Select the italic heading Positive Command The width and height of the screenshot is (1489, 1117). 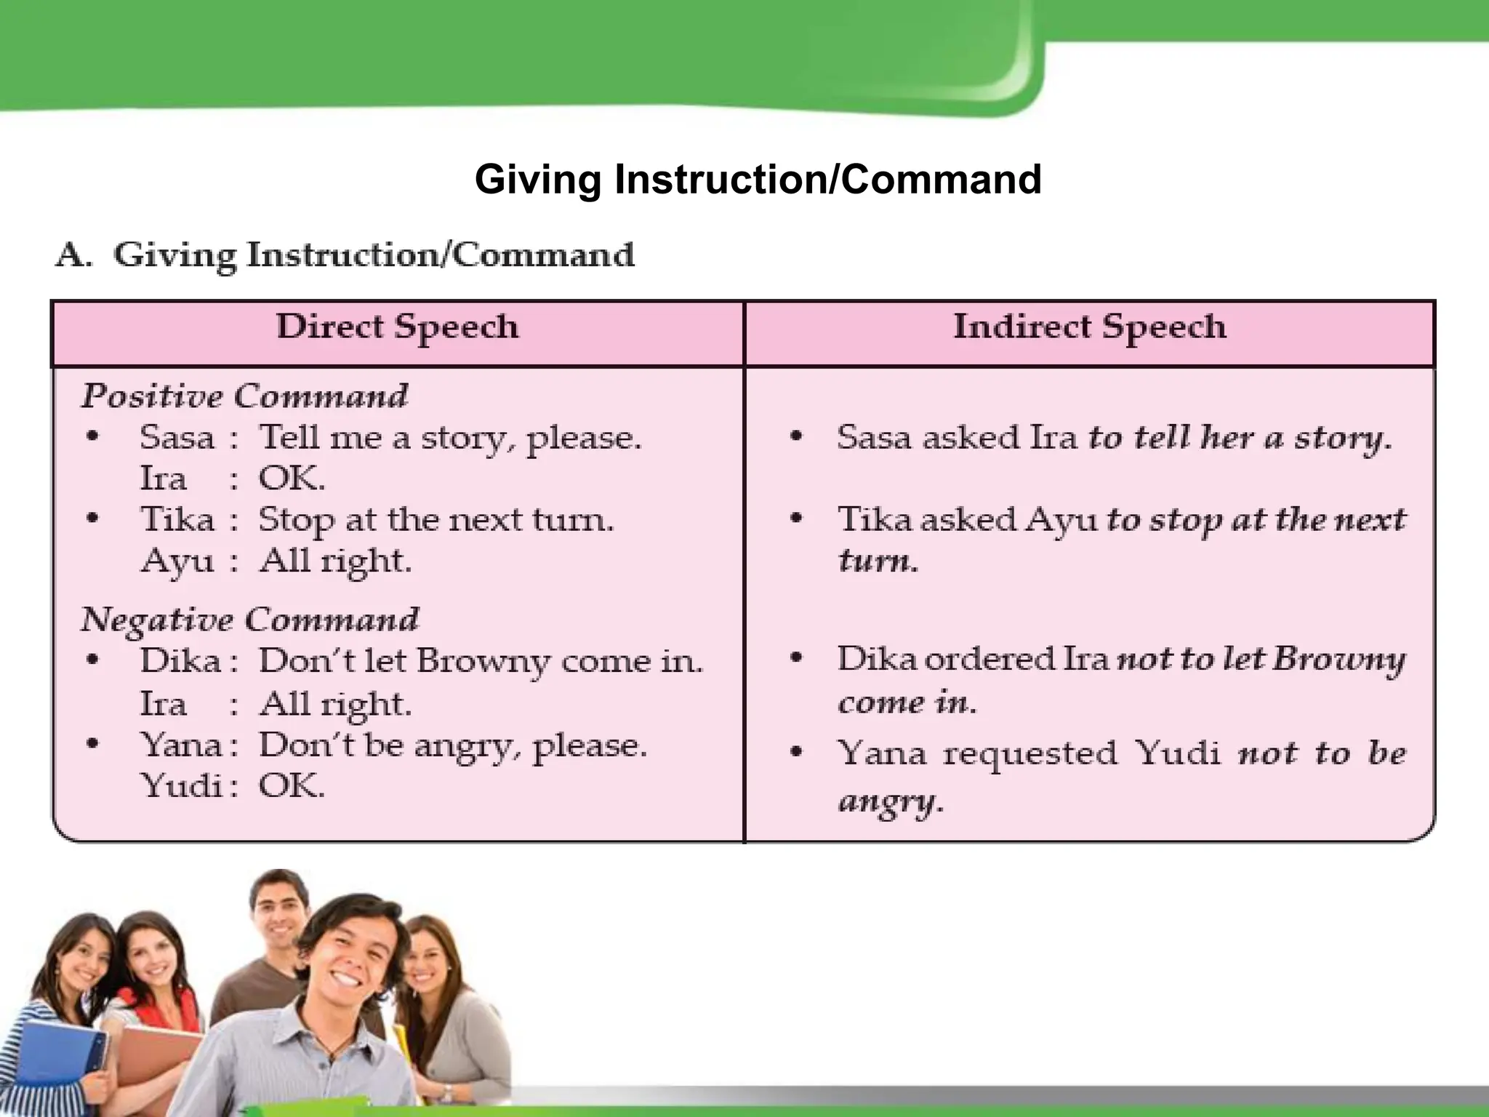[x=244, y=396]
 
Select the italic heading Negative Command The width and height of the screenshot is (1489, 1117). [x=249, y=620]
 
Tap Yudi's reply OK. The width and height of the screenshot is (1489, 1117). [x=292, y=786]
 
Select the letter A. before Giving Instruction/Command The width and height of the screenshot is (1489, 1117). [x=73, y=255]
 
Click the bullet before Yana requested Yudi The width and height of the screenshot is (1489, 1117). [x=797, y=752]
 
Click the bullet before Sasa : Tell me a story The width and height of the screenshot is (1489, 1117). [x=92, y=437]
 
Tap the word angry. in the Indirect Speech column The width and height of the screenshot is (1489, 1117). [x=891, y=802]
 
